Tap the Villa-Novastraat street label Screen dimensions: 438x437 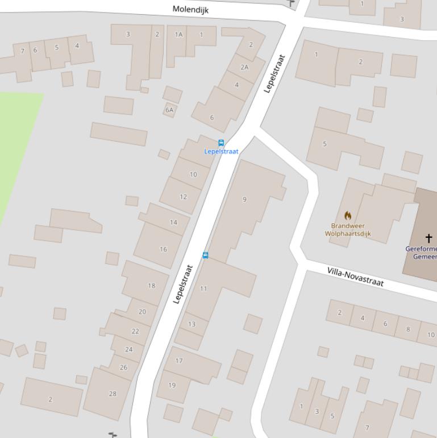(x=355, y=276)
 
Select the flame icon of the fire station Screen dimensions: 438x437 (x=348, y=216)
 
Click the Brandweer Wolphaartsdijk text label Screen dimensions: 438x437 (x=348, y=230)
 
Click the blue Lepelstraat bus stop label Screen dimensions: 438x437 (x=221, y=151)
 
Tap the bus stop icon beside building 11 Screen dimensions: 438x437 (x=206, y=255)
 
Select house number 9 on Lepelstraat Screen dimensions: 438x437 (x=245, y=199)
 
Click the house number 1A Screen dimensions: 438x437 (x=178, y=35)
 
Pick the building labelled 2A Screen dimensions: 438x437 (x=244, y=67)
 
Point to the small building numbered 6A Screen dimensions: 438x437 (x=169, y=110)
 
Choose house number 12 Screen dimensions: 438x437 (x=183, y=197)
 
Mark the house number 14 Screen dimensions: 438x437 (x=173, y=222)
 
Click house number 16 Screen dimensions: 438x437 (x=164, y=249)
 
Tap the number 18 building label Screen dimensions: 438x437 (x=151, y=286)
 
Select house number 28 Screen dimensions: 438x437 (x=112, y=394)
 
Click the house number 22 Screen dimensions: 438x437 (x=135, y=331)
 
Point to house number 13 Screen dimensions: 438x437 (x=192, y=324)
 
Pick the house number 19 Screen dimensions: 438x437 (x=172, y=385)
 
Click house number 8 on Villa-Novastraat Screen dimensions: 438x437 (x=408, y=329)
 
